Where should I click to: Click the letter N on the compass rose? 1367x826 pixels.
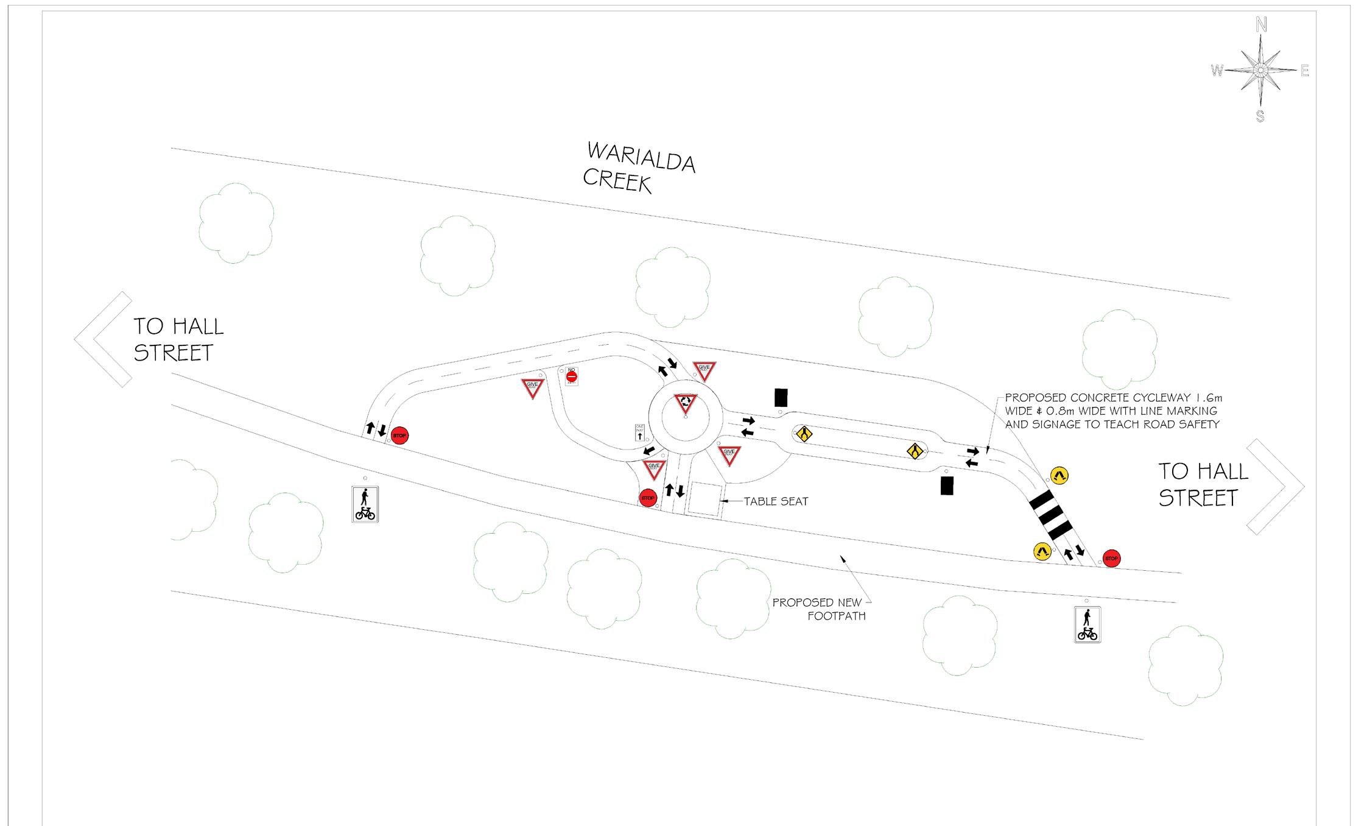coord(1261,25)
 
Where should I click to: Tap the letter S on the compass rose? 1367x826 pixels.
coord(1260,116)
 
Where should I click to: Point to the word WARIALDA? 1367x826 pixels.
coord(641,157)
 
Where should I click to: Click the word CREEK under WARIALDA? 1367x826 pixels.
coord(617,180)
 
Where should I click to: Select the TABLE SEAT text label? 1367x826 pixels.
coord(776,501)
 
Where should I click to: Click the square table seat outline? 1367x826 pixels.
coord(705,499)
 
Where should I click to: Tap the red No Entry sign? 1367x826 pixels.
coord(571,377)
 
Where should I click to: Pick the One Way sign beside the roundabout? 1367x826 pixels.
coord(640,432)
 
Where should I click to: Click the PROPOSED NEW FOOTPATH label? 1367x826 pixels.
coord(820,609)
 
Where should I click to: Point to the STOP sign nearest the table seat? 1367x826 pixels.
coord(648,498)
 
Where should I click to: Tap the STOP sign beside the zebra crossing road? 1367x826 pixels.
coord(1111,559)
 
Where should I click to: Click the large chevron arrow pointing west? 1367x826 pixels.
coord(102,339)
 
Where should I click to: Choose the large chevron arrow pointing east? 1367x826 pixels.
coord(1274,487)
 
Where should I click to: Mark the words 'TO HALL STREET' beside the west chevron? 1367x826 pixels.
coord(178,339)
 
